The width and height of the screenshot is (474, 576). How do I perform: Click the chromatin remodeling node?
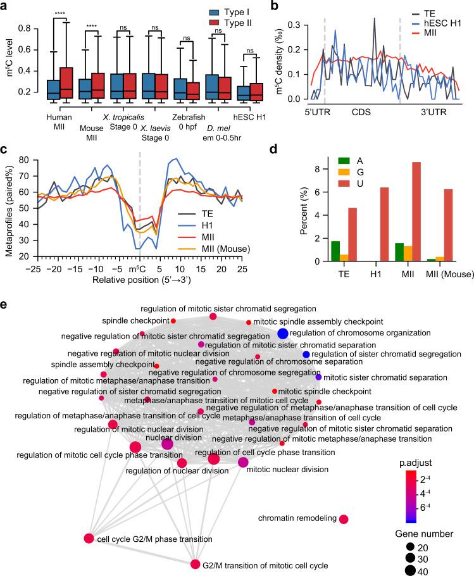344,519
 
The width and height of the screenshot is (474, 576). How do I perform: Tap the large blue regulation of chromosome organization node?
283,334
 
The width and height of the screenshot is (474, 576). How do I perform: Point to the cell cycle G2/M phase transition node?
89,539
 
